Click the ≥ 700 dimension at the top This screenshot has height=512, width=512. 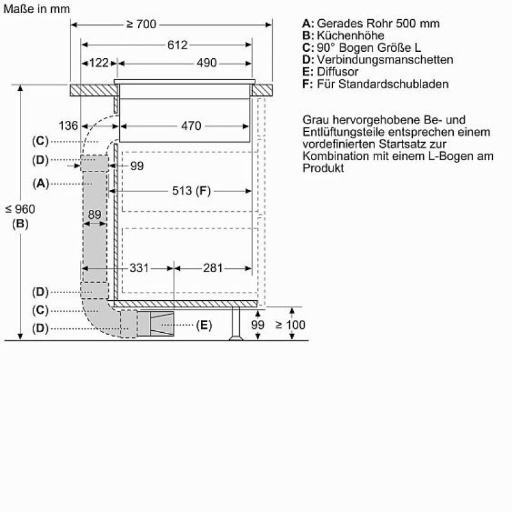pos(141,24)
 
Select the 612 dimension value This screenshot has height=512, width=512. pos(177,45)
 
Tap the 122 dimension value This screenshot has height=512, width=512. pos(99,63)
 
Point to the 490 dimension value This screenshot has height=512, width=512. pos(206,63)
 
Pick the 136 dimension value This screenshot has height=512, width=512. pos(68,125)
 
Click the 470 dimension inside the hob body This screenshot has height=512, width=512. pos(191,125)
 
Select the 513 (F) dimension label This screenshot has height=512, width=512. pos(191,191)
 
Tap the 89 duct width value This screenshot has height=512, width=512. pos(95,214)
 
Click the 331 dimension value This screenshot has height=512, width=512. pos(139,268)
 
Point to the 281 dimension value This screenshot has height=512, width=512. pos(213,268)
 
